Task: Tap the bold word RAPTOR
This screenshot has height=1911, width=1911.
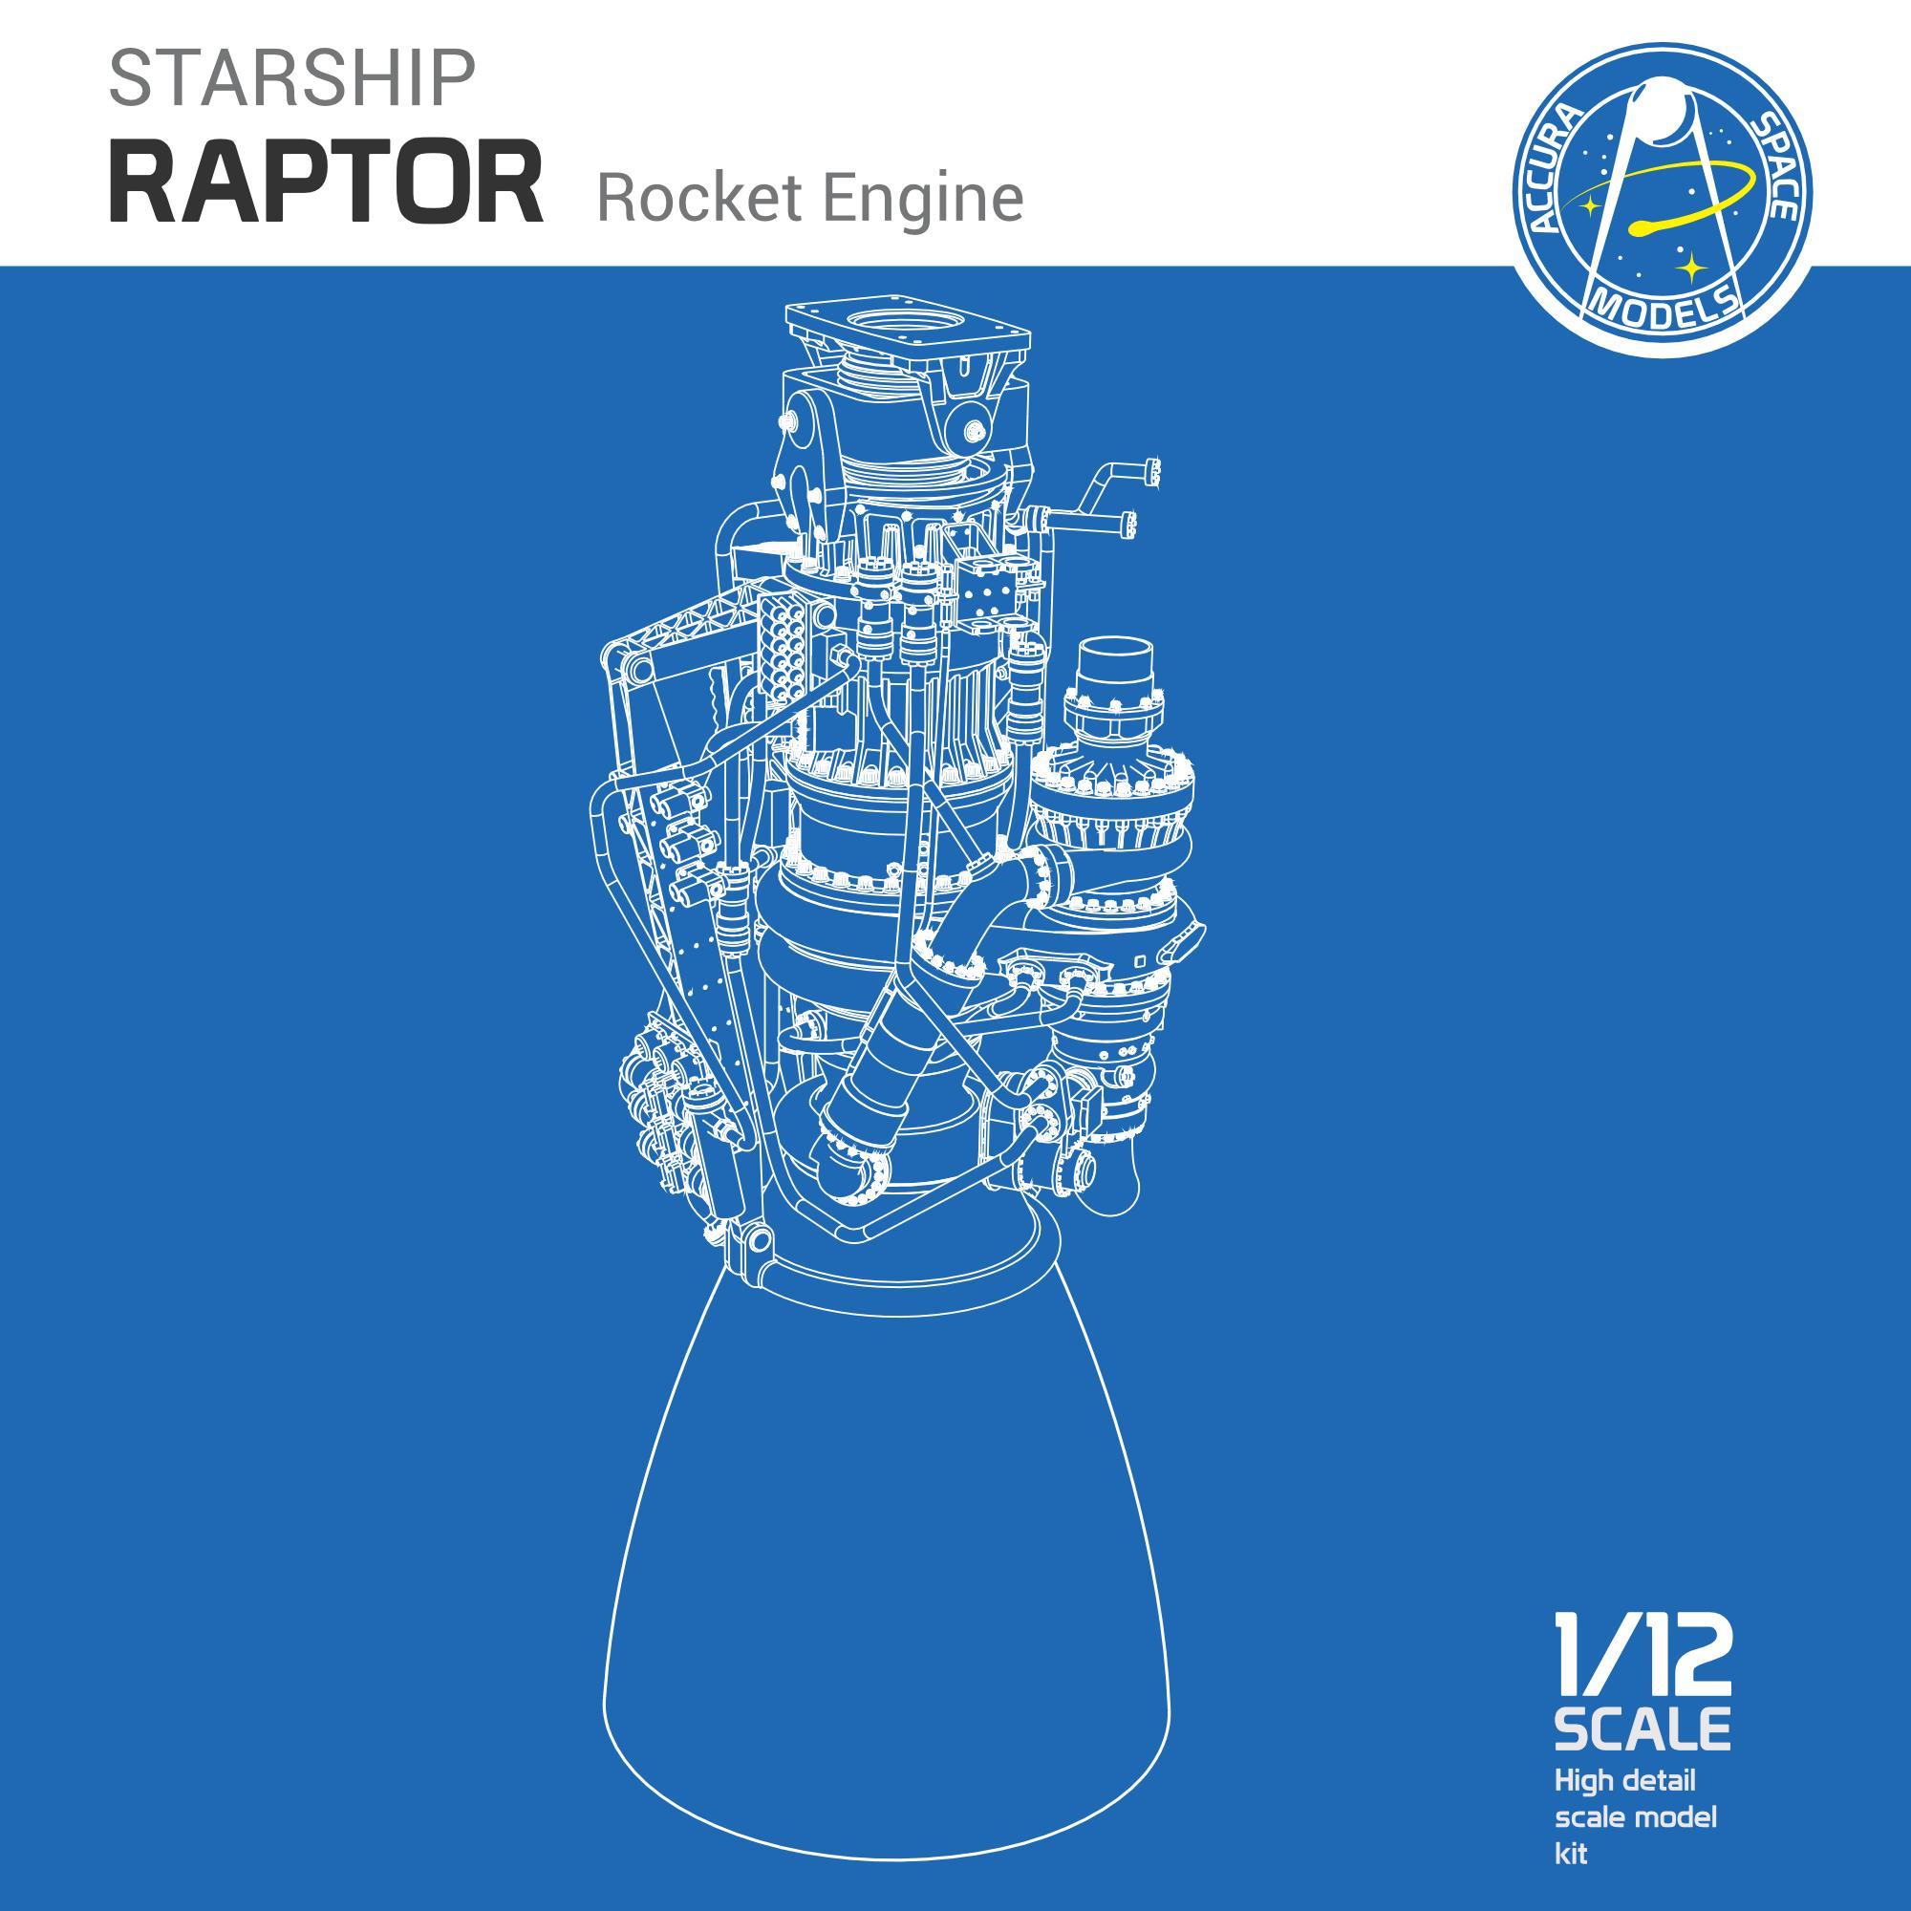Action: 326,184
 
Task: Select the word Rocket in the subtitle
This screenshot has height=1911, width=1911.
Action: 700,197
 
